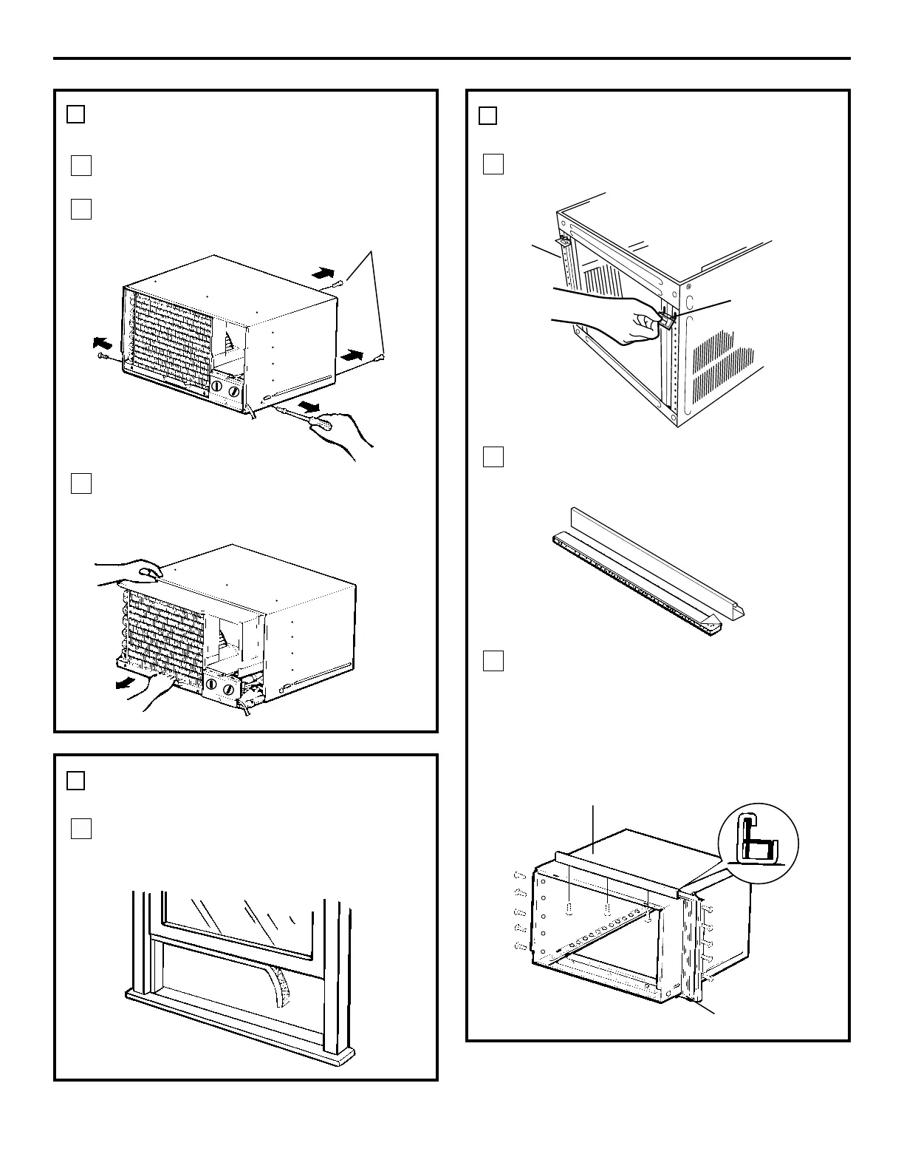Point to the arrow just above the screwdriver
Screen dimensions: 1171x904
[309, 408]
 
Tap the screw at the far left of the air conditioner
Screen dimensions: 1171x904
[102, 357]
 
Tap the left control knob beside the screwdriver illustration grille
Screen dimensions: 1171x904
[218, 387]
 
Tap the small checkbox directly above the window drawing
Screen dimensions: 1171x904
[81, 829]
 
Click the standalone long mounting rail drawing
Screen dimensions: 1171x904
[650, 570]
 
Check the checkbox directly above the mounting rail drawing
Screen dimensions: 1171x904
[493, 457]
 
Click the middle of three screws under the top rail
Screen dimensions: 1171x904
[606, 909]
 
